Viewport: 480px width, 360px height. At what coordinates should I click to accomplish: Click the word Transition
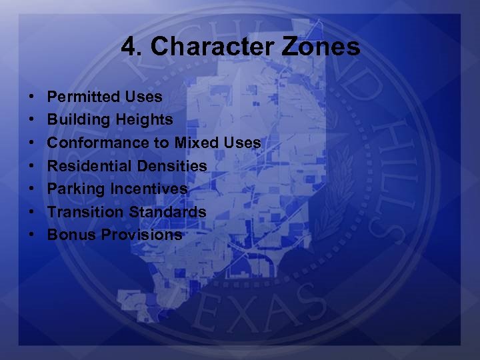tap(83, 212)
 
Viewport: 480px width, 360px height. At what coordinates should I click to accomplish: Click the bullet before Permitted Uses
tap(33, 97)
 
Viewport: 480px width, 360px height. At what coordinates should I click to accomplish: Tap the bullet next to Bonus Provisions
tap(33, 235)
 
